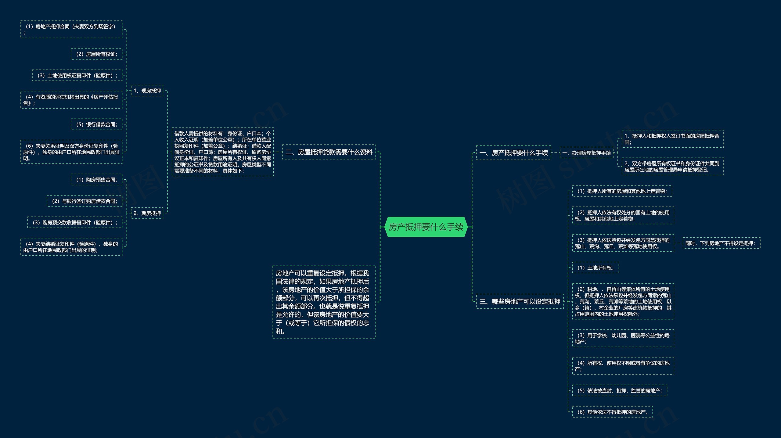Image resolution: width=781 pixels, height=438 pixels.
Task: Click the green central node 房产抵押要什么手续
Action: click(426, 227)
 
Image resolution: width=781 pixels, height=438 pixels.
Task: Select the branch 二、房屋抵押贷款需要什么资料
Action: click(329, 152)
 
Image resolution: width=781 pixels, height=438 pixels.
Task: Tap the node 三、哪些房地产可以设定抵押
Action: click(520, 301)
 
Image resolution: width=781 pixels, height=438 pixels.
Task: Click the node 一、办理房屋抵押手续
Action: click(586, 153)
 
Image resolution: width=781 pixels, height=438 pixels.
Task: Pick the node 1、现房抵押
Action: click(147, 91)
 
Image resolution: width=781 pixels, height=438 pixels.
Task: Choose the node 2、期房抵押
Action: click(147, 213)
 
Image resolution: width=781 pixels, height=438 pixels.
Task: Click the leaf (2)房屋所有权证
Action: click(96, 54)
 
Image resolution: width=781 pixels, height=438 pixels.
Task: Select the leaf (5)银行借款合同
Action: click(96, 124)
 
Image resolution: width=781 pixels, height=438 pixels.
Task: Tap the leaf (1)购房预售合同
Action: click(96, 180)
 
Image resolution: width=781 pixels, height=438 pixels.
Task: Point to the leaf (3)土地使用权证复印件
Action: click(77, 75)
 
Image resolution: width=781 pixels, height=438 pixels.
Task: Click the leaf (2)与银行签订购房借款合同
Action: click(84, 201)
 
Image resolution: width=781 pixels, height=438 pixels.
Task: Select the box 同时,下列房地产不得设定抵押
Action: click(721, 243)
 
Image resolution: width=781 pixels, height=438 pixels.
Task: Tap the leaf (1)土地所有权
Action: click(595, 267)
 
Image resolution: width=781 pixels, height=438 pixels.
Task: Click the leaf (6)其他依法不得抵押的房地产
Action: click(612, 412)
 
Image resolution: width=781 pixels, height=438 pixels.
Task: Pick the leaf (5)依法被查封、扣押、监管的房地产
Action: click(619, 390)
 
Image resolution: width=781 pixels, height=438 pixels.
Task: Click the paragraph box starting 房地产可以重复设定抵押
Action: click(324, 302)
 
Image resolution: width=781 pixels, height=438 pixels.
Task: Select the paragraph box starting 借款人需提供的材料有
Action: click(222, 152)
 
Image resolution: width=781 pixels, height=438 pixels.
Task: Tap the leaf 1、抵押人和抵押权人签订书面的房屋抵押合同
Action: click(672, 139)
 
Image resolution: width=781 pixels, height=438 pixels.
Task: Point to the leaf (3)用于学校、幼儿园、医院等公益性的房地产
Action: click(623, 338)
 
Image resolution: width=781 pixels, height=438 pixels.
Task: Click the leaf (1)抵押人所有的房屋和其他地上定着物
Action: click(622, 191)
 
